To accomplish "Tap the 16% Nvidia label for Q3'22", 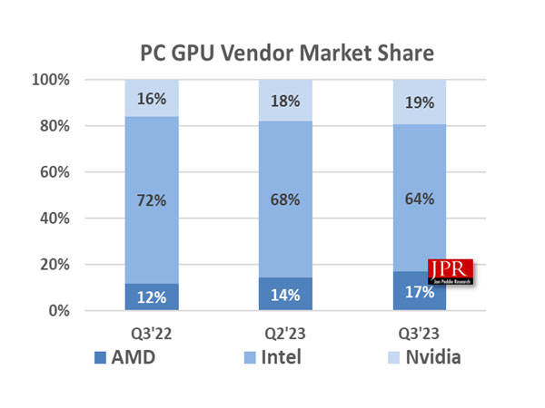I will (x=153, y=99).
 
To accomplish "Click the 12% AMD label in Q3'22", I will (x=153, y=298).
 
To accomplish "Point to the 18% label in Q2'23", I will (x=286, y=102).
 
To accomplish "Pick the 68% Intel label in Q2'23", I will (x=286, y=199).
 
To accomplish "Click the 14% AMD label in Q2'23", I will (x=286, y=296).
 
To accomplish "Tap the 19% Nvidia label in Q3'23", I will (x=420, y=102).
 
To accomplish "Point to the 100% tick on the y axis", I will (x=51, y=80).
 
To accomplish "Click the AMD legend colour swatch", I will (x=100, y=357).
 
